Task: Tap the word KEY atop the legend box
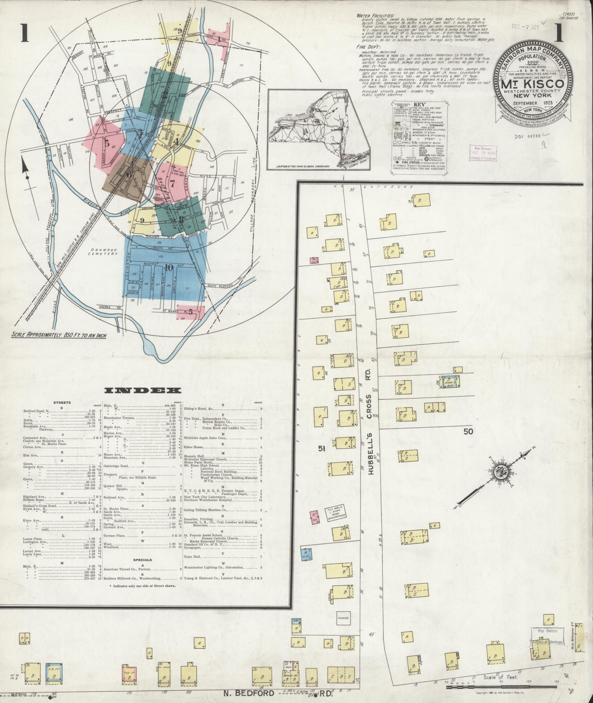(419, 104)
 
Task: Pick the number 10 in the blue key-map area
(168, 268)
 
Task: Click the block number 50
(468, 431)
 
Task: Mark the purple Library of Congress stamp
(482, 154)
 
